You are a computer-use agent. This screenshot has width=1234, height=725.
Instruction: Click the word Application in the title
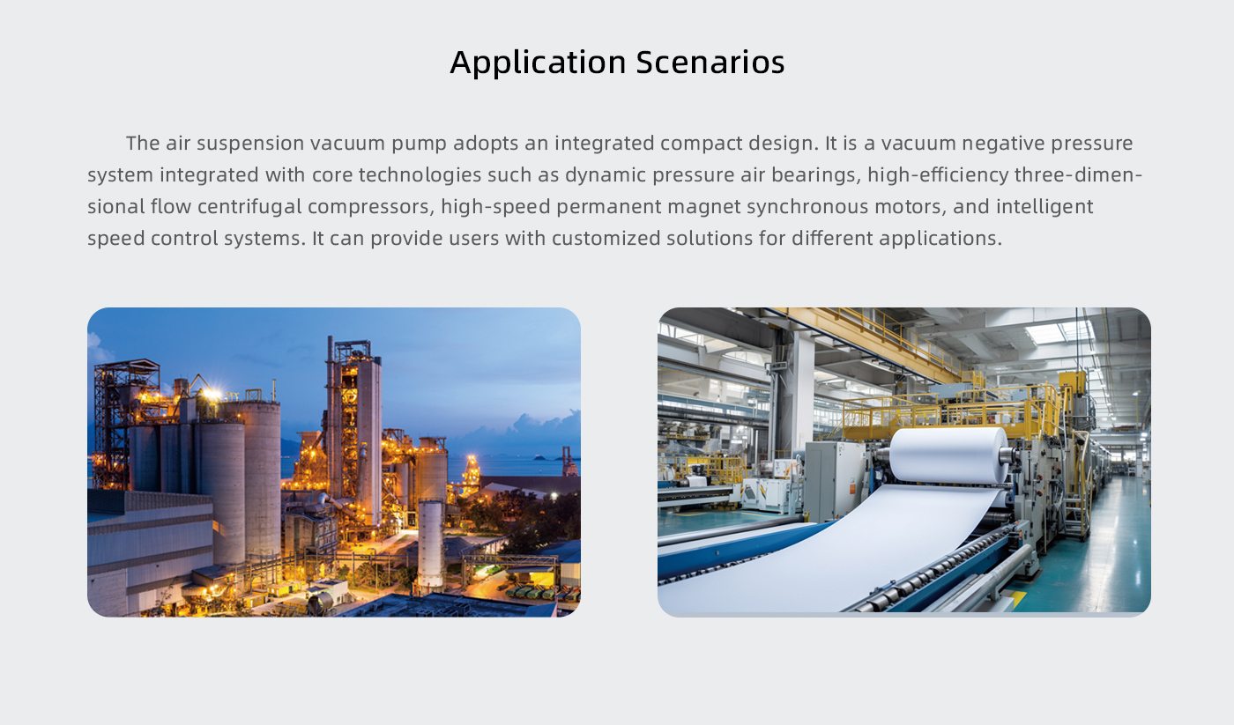(538, 63)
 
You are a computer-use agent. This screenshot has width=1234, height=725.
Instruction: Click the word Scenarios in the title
(710, 62)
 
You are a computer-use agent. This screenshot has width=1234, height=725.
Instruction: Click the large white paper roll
(948, 455)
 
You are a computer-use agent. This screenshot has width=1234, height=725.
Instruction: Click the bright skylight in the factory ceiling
(1059, 332)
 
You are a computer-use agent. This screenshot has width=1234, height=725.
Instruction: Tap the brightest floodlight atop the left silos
(211, 394)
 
